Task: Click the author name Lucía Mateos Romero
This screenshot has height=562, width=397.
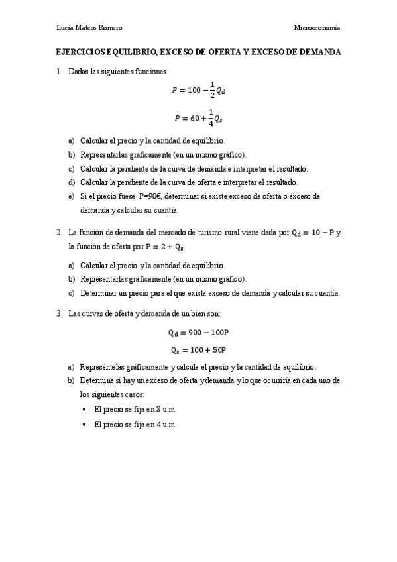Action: click(x=90, y=27)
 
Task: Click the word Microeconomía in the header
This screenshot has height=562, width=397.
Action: click(x=317, y=27)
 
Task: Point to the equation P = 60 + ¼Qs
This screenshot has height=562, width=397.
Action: click(x=198, y=118)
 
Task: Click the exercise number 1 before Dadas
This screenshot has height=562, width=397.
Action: click(x=59, y=71)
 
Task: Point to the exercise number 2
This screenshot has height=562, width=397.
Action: click(x=59, y=233)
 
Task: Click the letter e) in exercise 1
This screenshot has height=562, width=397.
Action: click(x=71, y=196)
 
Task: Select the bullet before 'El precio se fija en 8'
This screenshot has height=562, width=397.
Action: click(x=84, y=409)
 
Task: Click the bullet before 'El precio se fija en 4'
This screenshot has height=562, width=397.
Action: click(x=84, y=424)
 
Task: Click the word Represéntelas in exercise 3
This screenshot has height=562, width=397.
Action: click(x=103, y=366)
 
